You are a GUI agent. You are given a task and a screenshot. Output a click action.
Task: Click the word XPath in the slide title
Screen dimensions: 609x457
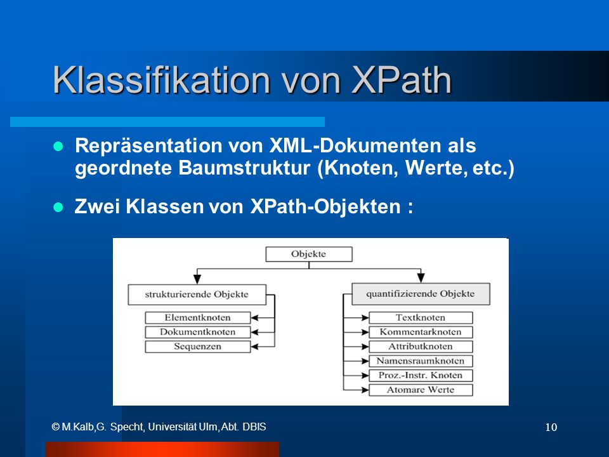402,80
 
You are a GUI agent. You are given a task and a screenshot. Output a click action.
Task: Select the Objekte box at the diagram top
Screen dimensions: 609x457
309,254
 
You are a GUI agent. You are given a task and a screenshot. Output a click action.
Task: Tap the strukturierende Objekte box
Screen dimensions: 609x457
197,295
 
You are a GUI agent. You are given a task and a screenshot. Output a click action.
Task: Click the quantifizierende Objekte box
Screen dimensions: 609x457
421,294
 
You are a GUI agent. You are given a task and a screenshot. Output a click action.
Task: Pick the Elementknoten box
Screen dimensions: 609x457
198,317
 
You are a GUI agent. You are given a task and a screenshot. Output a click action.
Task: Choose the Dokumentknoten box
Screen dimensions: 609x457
198,332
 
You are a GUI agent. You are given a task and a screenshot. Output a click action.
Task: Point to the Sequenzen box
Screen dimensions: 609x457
198,347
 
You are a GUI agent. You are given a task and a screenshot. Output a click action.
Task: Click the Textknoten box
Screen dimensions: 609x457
421,317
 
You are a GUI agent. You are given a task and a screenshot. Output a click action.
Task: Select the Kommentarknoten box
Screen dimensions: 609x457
421,332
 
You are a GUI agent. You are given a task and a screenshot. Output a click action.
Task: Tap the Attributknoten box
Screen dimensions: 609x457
421,347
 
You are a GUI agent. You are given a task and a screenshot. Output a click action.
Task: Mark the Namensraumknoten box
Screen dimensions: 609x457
421,361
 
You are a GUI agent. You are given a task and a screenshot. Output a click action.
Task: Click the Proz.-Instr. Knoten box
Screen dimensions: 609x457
421,375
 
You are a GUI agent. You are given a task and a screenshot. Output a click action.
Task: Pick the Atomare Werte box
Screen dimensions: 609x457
421,390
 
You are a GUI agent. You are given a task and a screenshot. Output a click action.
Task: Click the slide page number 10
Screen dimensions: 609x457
551,427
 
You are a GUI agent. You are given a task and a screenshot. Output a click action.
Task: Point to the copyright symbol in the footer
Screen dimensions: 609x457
56,427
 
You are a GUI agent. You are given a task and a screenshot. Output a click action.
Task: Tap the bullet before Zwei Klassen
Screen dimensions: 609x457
58,207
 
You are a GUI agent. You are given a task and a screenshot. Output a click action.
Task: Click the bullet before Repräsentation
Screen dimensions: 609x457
58,147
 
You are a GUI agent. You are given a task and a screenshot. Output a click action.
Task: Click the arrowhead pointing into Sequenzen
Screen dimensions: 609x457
255,347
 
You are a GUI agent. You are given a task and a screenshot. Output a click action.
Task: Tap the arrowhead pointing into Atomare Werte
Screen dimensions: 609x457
365,390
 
